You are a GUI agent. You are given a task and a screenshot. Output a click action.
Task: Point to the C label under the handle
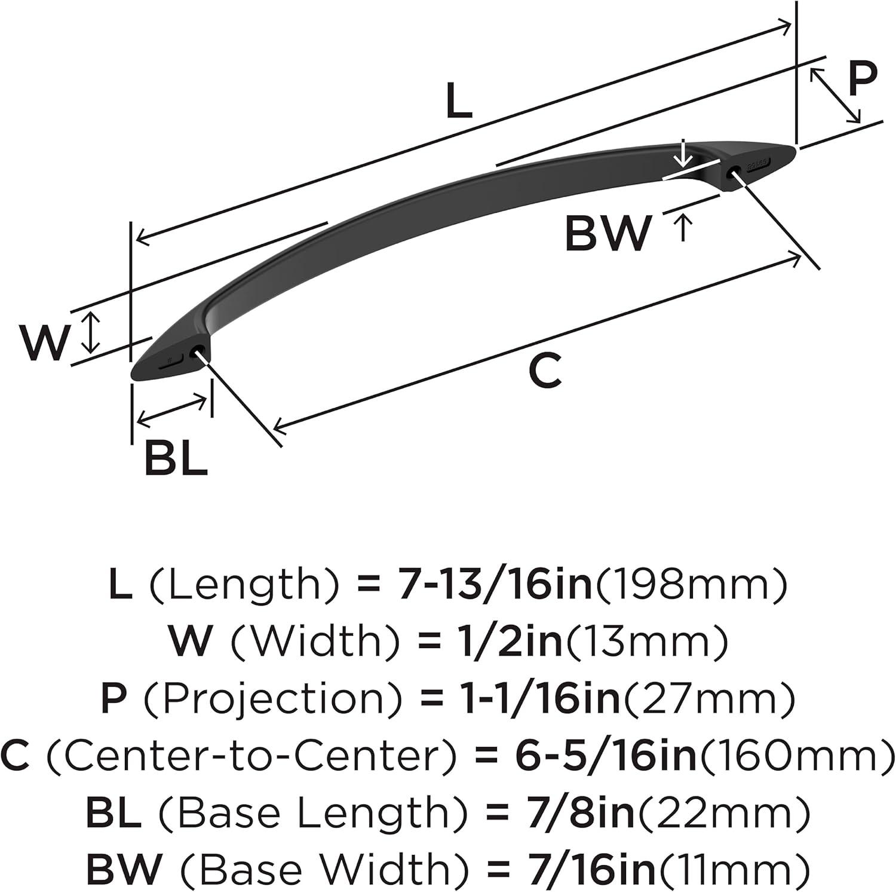[x=546, y=370]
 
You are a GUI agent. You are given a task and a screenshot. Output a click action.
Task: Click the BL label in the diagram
[x=176, y=458]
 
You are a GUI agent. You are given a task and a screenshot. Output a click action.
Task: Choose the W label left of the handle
[x=45, y=343]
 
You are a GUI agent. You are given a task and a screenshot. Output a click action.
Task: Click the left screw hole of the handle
[x=194, y=353]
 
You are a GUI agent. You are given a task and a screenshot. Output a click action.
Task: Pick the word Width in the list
[x=315, y=641]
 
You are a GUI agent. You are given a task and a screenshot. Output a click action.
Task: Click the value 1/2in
[x=505, y=641]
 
